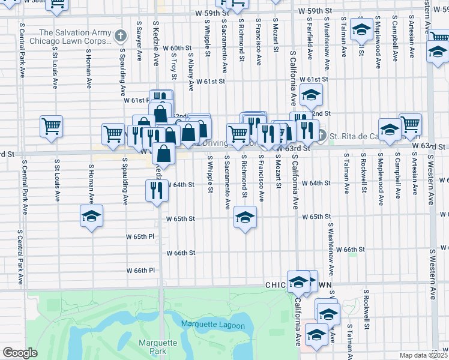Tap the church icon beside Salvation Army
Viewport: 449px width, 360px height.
pyautogui.click(x=121, y=36)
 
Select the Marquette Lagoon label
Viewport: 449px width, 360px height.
pyautogui.click(x=213, y=325)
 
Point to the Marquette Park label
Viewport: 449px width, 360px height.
pyautogui.click(x=157, y=346)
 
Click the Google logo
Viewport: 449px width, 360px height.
pyautogui.click(x=20, y=353)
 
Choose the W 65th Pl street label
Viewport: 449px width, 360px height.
pyautogui.click(x=140, y=237)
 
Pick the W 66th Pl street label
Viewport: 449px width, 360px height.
pyautogui.click(x=140, y=271)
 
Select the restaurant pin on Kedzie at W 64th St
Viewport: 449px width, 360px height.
pyautogui.click(x=155, y=191)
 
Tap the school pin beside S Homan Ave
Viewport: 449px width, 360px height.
pyautogui.click(x=91, y=216)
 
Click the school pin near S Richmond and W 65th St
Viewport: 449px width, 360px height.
pyautogui.click(x=245, y=218)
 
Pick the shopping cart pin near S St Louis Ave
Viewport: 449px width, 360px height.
pyautogui.click(x=52, y=127)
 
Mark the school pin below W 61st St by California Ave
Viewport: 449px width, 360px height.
pyautogui.click(x=311, y=95)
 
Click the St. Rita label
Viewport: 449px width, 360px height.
pyautogui.click(x=354, y=135)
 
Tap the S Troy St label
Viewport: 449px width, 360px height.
pyautogui.click(x=173, y=65)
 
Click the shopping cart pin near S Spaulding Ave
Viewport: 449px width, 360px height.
pyautogui.click(x=113, y=135)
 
